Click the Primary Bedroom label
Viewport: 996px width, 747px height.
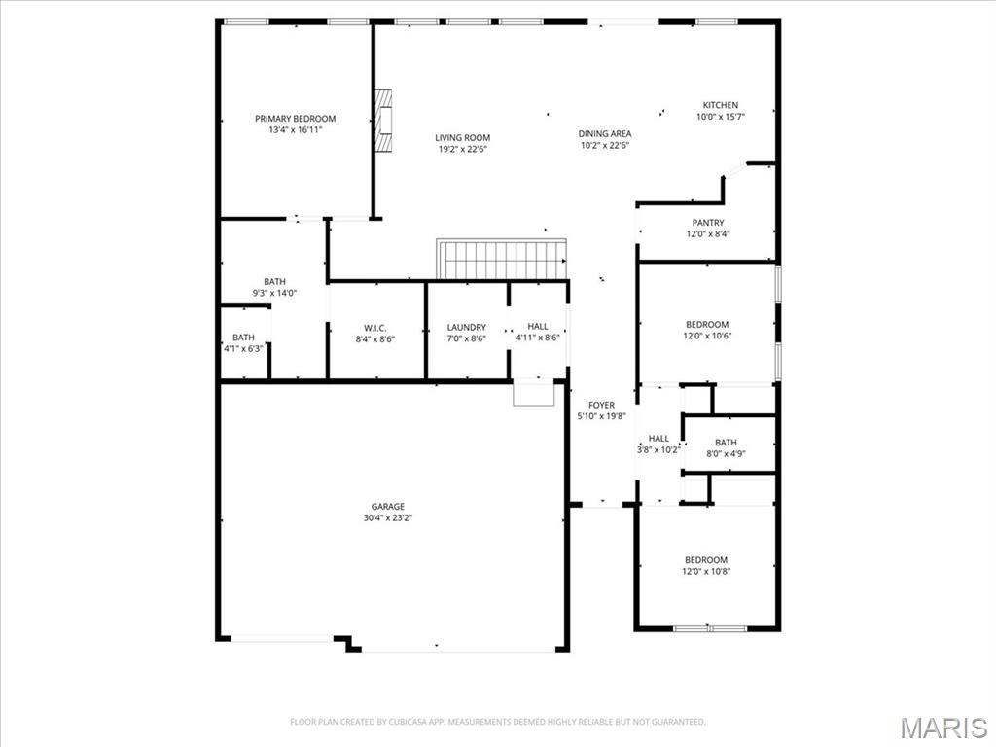[296, 119]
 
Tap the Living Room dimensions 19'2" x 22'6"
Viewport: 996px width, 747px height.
[462, 149]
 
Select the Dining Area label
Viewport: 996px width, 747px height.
[605, 133]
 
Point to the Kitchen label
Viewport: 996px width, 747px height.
[721, 105]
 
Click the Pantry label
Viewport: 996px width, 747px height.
[708, 223]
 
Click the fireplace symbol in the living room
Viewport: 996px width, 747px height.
[383, 121]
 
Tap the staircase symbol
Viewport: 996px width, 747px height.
[501, 259]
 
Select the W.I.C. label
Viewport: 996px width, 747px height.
[374, 328]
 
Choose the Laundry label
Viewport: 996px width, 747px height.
[466, 327]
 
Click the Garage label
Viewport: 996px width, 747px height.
[387, 506]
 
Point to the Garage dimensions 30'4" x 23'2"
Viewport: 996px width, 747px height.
[387, 517]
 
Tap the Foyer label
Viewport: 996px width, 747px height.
[601, 405]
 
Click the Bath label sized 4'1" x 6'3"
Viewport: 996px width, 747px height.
[243, 338]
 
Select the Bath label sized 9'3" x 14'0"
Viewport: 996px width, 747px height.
[274, 281]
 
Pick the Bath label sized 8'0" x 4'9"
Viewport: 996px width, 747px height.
[726, 443]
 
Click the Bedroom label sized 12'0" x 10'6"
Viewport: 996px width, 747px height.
[707, 324]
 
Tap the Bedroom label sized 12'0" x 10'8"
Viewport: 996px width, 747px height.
[706, 559]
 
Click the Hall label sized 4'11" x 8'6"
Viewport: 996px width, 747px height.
[537, 327]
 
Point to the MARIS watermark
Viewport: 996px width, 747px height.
[943, 728]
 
